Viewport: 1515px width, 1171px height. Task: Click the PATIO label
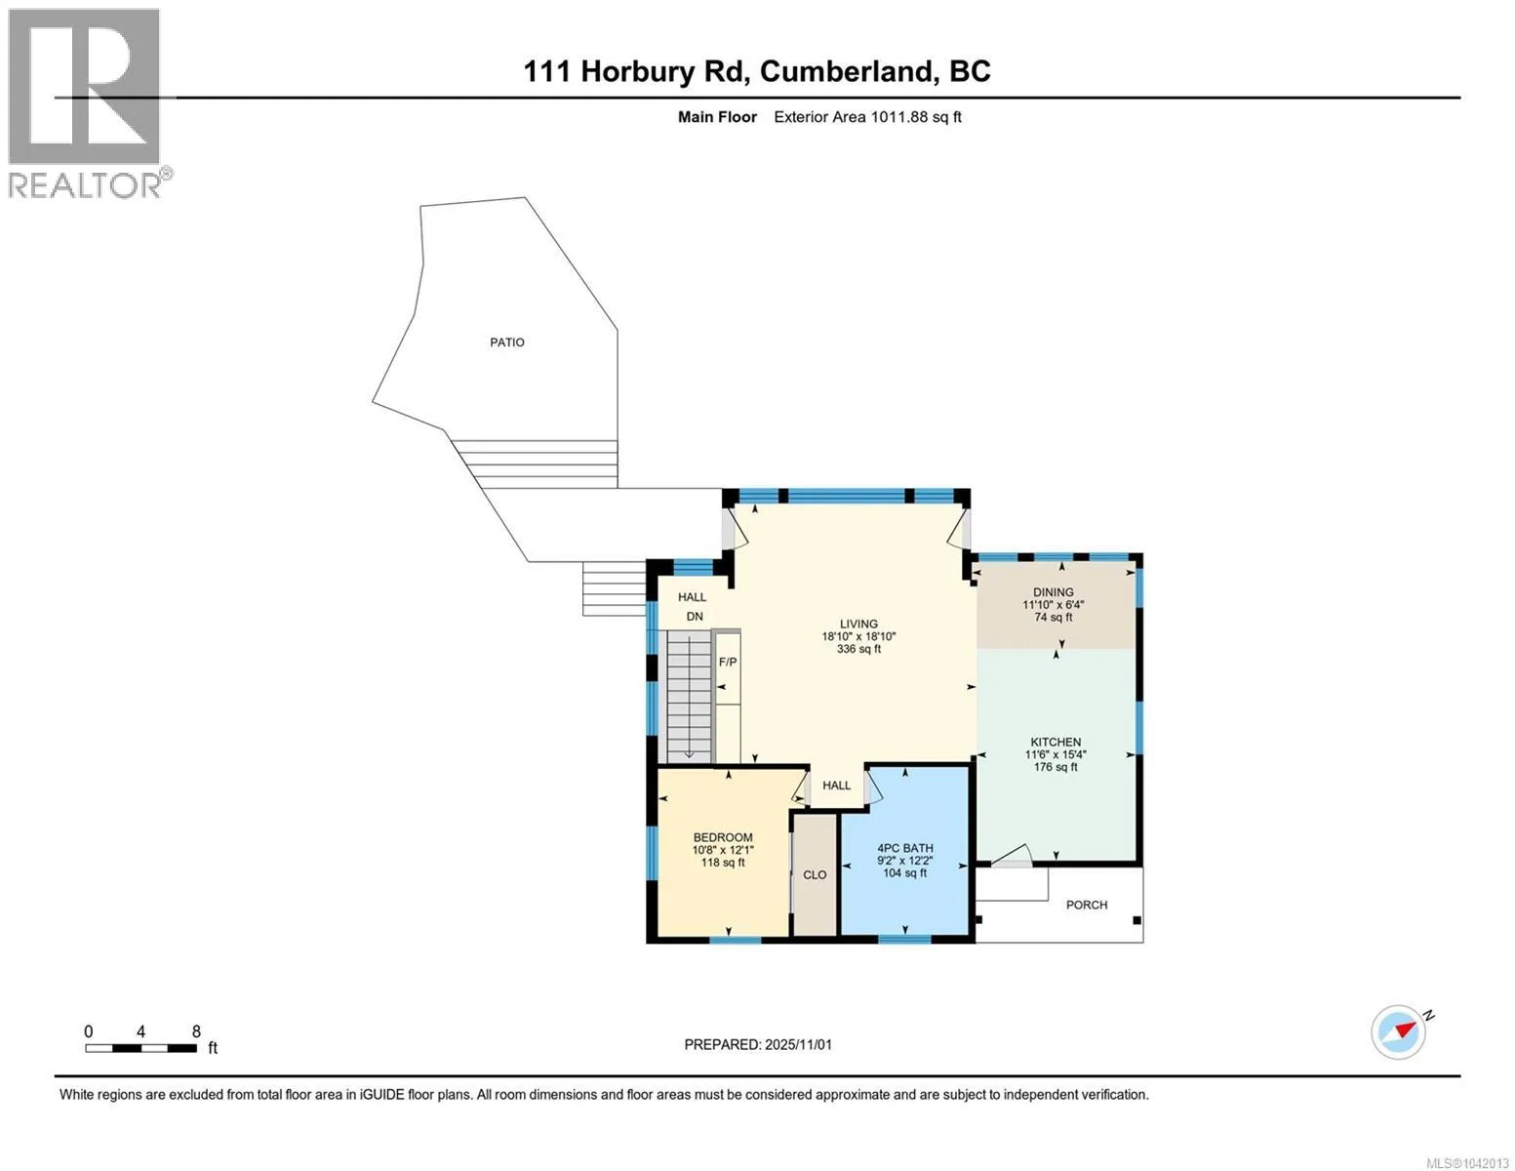[507, 343]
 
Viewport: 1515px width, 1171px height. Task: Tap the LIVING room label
[858, 625]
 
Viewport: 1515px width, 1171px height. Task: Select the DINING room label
[1054, 592]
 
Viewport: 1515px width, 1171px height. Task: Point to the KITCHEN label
[1056, 742]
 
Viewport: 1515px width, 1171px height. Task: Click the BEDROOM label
[723, 837]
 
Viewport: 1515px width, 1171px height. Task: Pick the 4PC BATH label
[905, 848]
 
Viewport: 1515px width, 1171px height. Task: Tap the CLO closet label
[815, 874]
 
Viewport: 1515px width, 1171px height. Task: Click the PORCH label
[1086, 905]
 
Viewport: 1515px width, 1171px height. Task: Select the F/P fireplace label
[728, 662]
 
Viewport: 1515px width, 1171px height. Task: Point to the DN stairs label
[695, 617]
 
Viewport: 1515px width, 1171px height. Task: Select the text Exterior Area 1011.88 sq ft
[867, 117]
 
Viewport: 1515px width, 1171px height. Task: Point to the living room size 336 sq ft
[858, 649]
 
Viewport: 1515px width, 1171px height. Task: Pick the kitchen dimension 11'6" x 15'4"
[1056, 754]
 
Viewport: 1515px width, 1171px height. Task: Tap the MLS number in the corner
[1466, 1163]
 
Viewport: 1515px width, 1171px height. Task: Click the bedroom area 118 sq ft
[723, 863]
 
